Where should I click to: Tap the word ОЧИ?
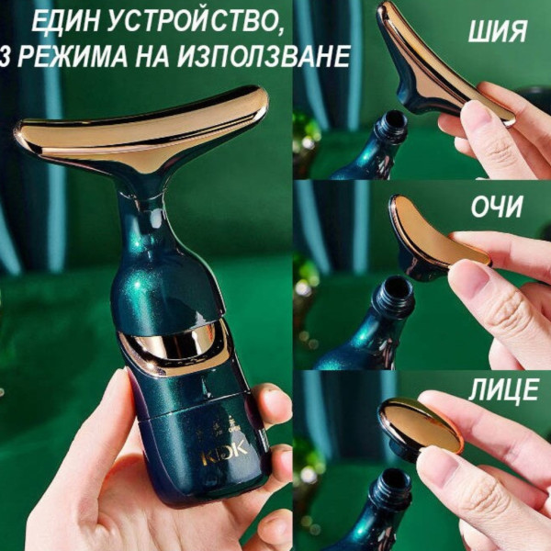[x=497, y=207]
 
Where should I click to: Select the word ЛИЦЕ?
[x=504, y=389]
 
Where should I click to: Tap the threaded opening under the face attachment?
[x=394, y=489]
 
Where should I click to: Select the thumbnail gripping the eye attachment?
[x=468, y=277]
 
